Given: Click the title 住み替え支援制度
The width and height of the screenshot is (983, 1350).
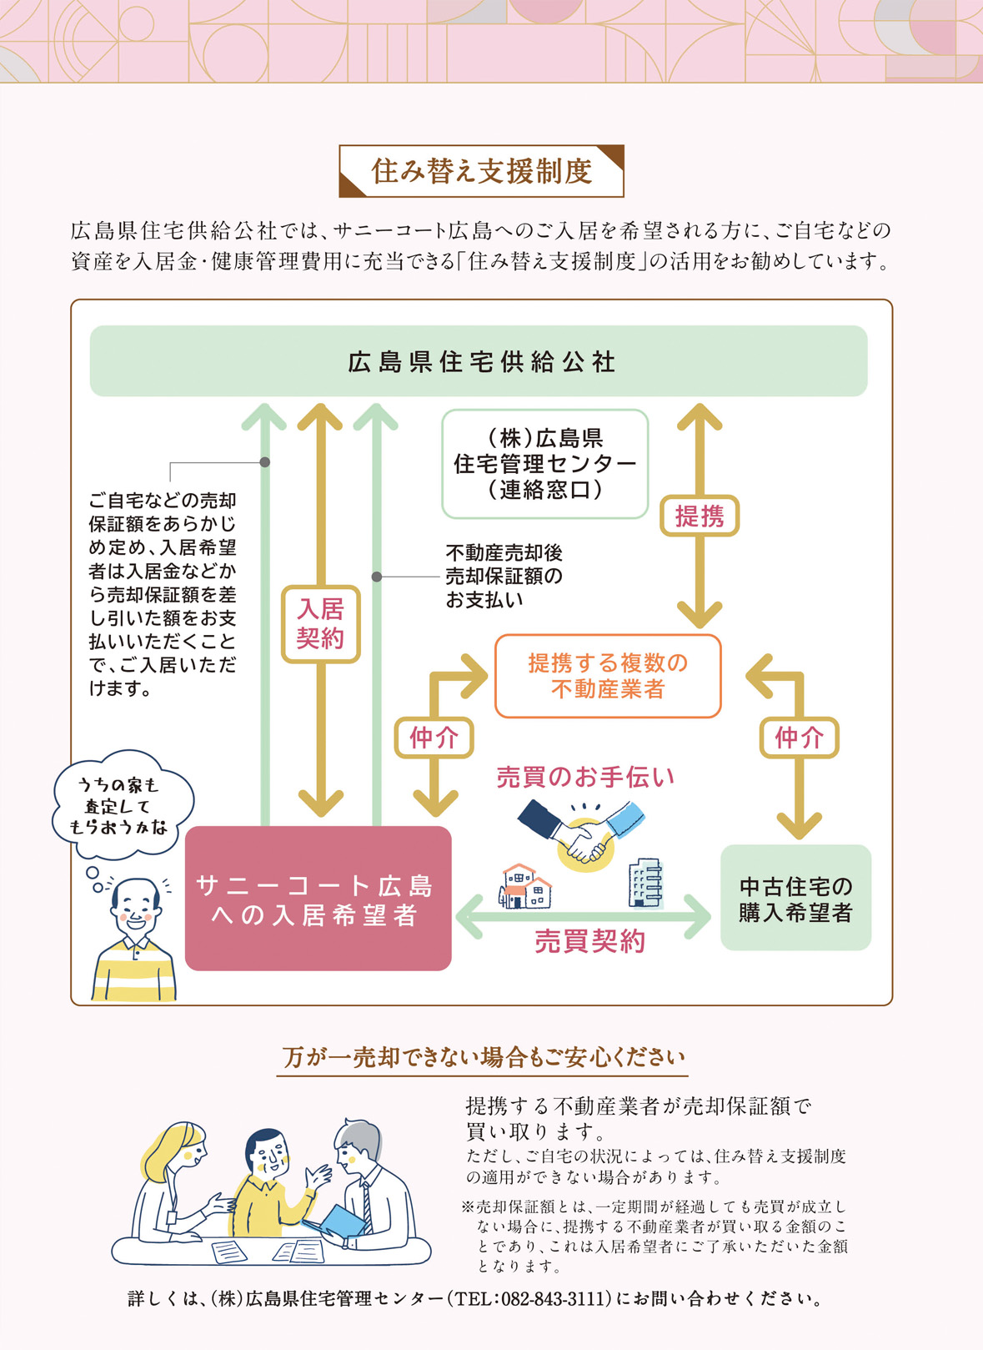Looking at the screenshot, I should tap(481, 171).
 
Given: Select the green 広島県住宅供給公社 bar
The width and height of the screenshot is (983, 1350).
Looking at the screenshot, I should tap(479, 361).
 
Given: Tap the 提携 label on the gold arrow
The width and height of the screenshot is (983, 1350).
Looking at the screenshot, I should tap(700, 516).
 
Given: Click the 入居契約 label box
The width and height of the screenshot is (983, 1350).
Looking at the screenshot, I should tap(320, 623).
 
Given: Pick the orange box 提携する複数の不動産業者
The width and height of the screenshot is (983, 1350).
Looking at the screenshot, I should tap(608, 676).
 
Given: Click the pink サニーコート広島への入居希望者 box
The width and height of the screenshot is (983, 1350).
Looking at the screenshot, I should tap(318, 899).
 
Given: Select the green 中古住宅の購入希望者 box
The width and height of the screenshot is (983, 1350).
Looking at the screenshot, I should tap(795, 898).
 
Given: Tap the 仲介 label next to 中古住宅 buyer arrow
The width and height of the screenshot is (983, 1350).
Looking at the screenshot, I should tap(799, 738).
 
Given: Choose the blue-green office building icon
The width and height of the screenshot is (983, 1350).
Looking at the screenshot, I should tap(645, 883).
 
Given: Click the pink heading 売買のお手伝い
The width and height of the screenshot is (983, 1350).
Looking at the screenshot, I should tap(585, 778).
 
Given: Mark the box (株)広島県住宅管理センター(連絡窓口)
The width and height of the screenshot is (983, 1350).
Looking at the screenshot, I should tap(544, 464).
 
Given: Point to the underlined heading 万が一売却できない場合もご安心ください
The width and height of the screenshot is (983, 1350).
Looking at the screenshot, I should tap(483, 1058).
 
